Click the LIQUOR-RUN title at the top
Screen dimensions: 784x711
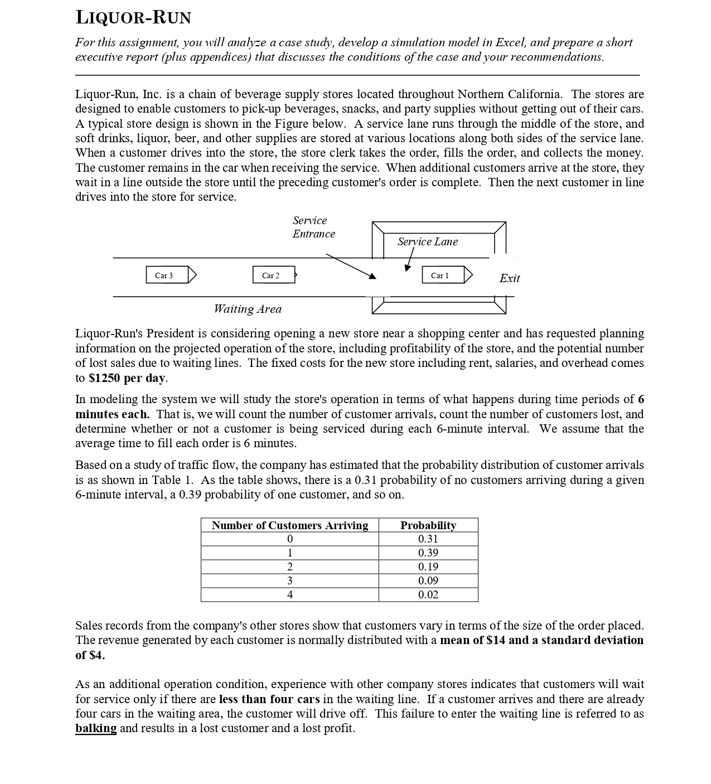133,18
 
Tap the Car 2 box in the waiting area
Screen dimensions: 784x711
271,275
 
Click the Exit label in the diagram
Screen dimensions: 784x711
509,278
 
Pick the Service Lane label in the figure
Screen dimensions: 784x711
427,241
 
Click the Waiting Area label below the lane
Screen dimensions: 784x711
248,309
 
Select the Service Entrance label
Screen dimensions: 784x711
313,227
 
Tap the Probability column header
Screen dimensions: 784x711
428,525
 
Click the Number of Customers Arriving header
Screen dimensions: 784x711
289,525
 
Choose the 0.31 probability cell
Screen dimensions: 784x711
428,539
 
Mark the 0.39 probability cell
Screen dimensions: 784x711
428,553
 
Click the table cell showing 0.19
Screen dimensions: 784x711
428,567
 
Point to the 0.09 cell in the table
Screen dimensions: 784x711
428,580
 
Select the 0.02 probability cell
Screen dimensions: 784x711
428,594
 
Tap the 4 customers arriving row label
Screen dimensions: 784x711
289,594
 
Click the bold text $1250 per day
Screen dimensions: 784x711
127,378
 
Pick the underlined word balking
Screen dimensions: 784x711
96,728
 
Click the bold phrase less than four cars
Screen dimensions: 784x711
269,699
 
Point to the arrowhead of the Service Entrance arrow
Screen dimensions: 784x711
373,276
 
